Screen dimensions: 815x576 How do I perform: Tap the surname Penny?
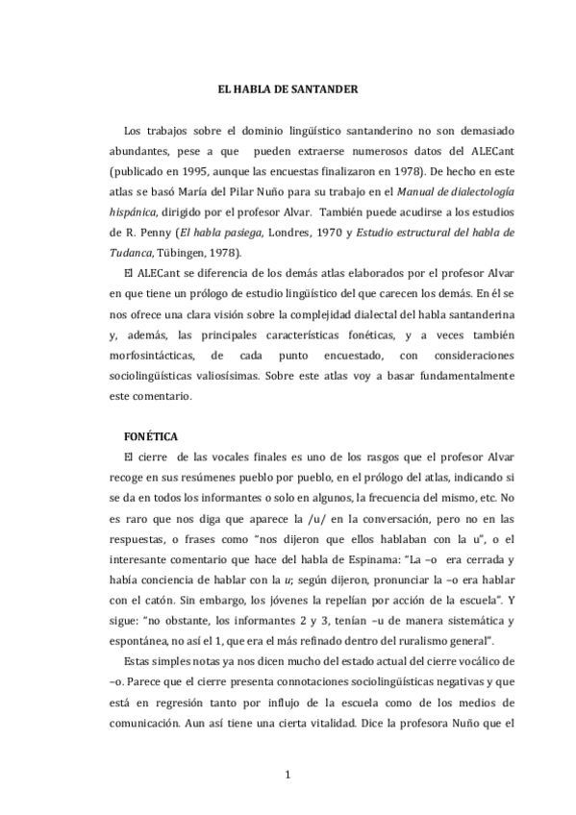click(161, 234)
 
